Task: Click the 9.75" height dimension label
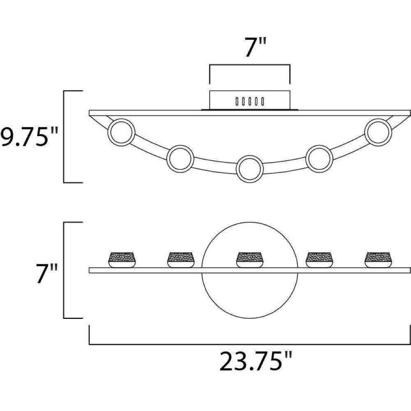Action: click(x=28, y=137)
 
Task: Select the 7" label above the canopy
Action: click(x=256, y=47)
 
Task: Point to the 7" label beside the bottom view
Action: click(x=47, y=274)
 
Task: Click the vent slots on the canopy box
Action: click(x=249, y=101)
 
